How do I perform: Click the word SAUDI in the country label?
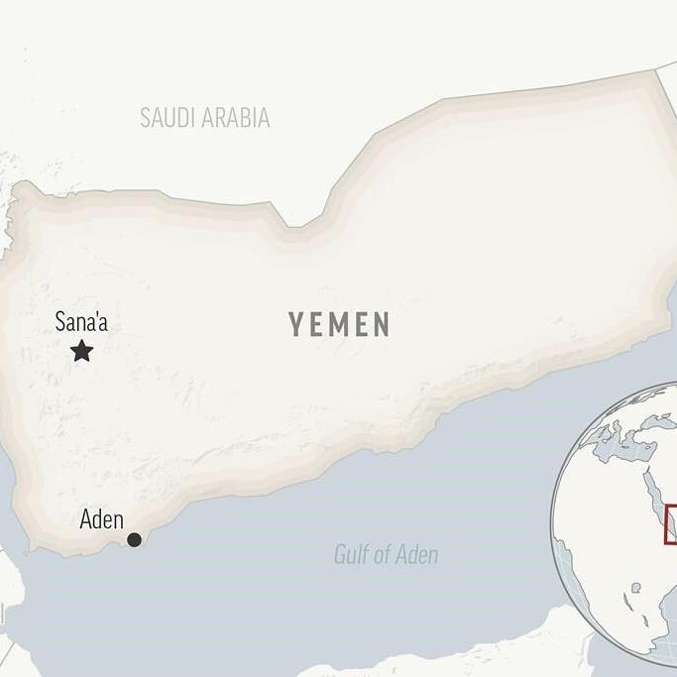click(169, 118)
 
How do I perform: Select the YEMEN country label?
click(340, 324)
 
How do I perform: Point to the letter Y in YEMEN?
click(295, 324)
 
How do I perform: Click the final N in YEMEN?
click(382, 324)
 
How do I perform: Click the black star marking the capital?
click(82, 350)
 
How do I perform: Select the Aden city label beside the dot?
click(101, 519)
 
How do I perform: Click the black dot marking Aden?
click(134, 539)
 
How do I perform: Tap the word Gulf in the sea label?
click(352, 555)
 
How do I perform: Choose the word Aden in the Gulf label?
click(418, 555)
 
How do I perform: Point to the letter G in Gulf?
click(340, 555)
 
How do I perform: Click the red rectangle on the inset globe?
click(671, 524)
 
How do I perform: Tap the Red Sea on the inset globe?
click(656, 501)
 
